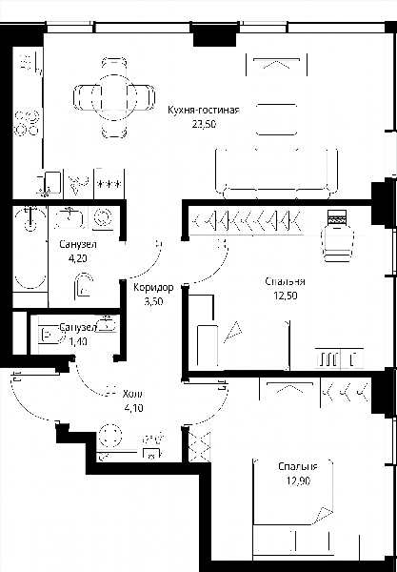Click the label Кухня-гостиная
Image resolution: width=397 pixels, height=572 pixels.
click(x=204, y=111)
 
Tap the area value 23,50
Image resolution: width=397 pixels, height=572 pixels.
click(x=205, y=124)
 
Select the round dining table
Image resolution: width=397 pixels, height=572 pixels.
click(x=114, y=97)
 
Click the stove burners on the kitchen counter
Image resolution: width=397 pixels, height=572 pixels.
click(x=27, y=123)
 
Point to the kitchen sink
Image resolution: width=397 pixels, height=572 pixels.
click(x=50, y=182)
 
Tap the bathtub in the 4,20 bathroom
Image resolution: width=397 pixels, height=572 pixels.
click(x=30, y=249)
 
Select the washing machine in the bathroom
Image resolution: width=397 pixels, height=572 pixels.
click(x=103, y=219)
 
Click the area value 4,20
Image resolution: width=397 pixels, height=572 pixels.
click(x=78, y=258)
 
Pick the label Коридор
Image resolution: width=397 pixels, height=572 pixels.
click(x=153, y=288)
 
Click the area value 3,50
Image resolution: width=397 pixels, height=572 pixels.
click(x=153, y=301)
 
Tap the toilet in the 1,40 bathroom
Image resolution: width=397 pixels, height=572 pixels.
click(x=50, y=335)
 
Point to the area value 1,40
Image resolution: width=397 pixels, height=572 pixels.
click(x=77, y=342)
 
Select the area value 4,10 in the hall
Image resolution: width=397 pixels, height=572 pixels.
click(x=133, y=408)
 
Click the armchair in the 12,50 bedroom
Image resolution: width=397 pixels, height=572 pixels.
click(x=338, y=236)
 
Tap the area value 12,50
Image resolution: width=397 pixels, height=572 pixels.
click(x=286, y=296)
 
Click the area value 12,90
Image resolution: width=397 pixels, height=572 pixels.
click(x=298, y=480)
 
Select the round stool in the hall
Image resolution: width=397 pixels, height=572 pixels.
click(x=109, y=436)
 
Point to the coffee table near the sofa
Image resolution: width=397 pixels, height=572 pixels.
click(x=276, y=119)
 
